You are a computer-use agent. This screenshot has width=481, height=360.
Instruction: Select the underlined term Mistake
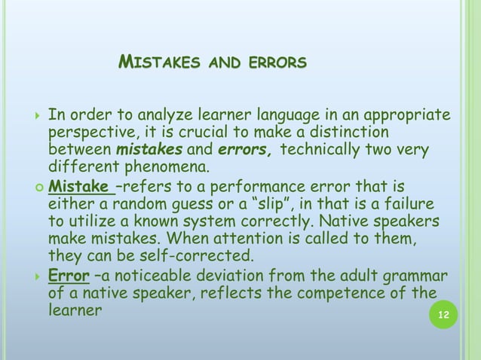[78, 186]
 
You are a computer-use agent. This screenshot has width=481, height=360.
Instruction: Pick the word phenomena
[164, 166]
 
